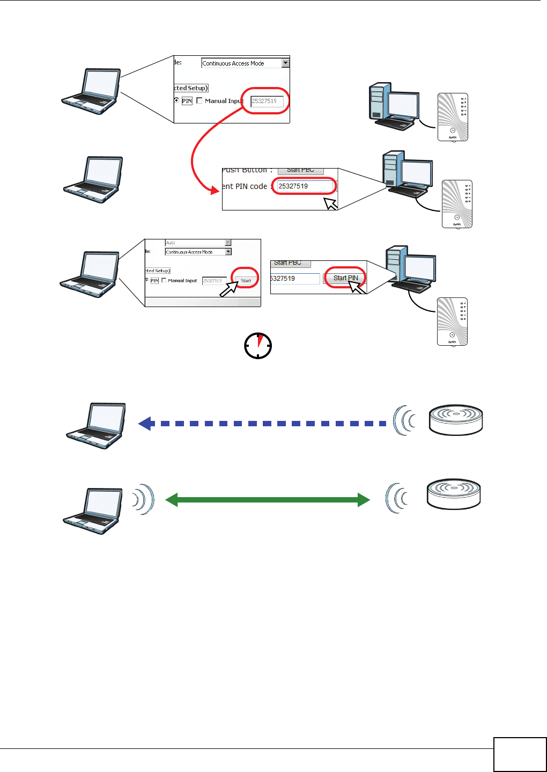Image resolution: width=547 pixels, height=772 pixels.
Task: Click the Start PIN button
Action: (345, 278)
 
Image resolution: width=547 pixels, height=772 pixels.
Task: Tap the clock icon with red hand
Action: (258, 346)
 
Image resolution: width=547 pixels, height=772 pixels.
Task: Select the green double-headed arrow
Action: (268, 500)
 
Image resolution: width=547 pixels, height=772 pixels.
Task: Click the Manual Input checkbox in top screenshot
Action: (199, 100)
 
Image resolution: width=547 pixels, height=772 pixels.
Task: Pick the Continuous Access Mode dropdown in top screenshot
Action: (245, 63)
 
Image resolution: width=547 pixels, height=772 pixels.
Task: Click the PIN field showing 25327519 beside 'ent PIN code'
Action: (305, 186)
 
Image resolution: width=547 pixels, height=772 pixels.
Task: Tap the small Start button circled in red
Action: (246, 281)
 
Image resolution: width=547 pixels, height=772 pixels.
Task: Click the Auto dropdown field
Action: (198, 243)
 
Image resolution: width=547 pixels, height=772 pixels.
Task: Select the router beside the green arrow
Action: (454, 494)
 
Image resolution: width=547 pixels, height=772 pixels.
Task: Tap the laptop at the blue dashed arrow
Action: (96, 425)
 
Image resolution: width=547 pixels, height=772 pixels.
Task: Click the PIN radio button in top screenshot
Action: (176, 100)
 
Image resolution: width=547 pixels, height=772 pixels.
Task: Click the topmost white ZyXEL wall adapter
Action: (453, 117)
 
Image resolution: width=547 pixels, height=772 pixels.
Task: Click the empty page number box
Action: (520, 754)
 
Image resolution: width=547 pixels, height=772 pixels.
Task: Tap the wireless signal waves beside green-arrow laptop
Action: (143, 499)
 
